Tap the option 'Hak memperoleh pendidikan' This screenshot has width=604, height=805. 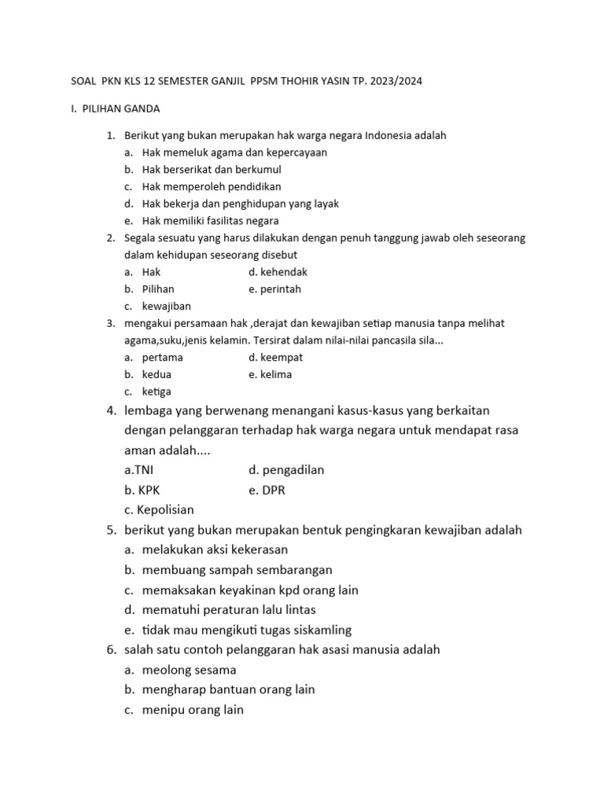(212, 186)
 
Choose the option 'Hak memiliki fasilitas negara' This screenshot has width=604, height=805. (210, 221)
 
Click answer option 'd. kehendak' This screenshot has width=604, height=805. (278, 272)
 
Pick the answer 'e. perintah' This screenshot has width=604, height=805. (274, 289)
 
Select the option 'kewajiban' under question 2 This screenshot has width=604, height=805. (166, 306)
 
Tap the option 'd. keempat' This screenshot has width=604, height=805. (276, 357)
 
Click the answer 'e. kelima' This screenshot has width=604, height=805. (270, 374)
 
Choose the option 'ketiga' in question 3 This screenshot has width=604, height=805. (157, 391)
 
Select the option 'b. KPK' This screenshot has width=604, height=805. (142, 490)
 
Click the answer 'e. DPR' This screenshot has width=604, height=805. (267, 490)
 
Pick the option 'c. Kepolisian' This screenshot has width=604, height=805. (159, 509)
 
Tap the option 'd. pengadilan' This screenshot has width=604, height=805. (286, 470)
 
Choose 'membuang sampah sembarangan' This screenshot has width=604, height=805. (238, 570)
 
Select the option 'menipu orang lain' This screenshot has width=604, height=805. (193, 709)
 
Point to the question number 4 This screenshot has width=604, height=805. (112, 410)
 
